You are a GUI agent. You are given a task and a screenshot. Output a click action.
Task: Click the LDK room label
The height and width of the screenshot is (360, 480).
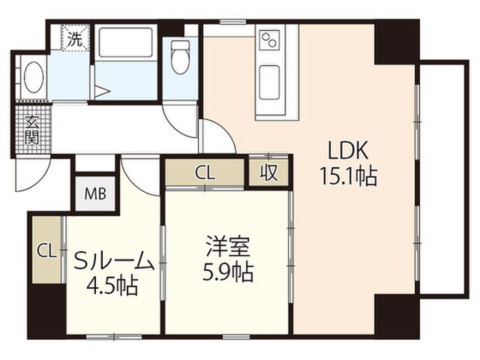(x=348, y=150)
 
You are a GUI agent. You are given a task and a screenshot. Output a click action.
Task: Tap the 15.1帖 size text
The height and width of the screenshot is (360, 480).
(x=348, y=176)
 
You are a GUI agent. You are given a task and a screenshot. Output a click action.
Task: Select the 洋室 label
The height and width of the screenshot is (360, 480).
(x=228, y=246)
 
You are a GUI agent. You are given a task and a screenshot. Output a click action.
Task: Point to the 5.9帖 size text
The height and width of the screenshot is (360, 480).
(x=228, y=271)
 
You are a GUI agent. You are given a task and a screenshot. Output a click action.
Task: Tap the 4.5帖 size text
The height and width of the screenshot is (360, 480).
(x=112, y=286)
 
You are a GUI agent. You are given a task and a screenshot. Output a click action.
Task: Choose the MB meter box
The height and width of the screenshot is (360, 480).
(x=95, y=193)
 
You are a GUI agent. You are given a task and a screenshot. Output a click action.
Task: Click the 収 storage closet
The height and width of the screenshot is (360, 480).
(x=268, y=172)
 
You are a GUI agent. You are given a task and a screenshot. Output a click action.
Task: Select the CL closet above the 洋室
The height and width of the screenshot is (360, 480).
(x=205, y=172)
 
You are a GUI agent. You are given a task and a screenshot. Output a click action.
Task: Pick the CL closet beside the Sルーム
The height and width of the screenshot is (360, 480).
(x=46, y=250)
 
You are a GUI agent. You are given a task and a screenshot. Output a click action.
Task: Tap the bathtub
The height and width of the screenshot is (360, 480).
(x=126, y=42)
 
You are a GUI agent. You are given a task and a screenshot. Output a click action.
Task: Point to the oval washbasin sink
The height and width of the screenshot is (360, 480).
(x=34, y=76)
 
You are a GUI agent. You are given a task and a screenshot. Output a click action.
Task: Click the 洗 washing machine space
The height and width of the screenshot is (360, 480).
(x=75, y=37)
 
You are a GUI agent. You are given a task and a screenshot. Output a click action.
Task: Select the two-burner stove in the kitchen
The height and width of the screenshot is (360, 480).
(x=269, y=40)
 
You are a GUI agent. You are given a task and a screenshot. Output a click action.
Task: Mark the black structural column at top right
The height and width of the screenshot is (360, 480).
(x=397, y=42)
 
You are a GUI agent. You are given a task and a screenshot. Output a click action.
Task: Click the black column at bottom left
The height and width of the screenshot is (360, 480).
(x=46, y=310)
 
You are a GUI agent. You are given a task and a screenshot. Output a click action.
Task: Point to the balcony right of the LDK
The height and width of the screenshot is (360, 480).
(x=442, y=178)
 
